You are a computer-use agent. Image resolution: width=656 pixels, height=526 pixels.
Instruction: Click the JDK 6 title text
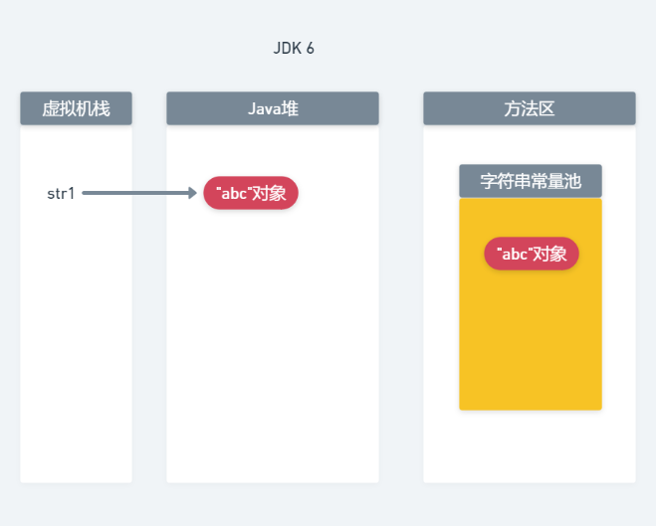(294, 48)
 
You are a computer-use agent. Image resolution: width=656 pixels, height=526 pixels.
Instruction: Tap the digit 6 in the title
(311, 48)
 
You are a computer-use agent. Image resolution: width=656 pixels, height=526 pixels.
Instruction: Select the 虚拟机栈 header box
(76, 108)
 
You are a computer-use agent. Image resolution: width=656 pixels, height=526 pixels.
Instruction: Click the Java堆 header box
(272, 108)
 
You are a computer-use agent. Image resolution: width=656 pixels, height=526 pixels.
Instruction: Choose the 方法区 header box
(529, 108)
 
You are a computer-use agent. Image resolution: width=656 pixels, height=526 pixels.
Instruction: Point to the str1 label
(61, 193)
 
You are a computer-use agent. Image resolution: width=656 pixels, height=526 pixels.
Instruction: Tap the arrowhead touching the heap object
(193, 193)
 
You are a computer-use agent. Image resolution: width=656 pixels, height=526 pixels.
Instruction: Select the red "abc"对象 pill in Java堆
(251, 193)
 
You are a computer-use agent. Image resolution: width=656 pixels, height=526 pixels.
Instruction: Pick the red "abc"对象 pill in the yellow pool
(532, 254)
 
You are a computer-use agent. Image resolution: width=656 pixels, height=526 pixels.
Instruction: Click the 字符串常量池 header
(530, 181)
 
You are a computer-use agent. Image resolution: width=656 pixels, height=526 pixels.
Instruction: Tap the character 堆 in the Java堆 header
(289, 108)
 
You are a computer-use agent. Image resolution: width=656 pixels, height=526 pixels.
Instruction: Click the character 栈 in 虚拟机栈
(102, 108)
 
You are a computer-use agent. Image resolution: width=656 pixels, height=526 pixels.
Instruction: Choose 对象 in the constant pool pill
(549, 254)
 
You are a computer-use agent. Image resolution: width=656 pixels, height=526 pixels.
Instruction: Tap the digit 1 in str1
(71, 193)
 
